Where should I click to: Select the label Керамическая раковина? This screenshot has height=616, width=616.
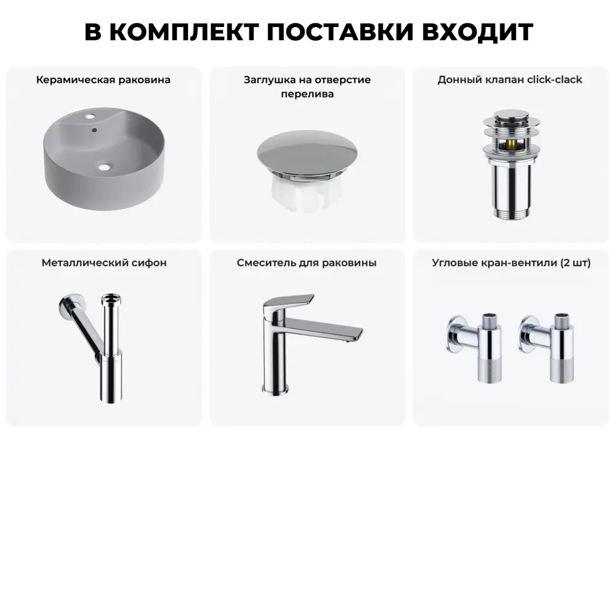coord(103,80)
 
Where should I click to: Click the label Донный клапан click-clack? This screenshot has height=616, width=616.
coord(510,80)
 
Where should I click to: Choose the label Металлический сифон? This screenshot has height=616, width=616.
coord(104,263)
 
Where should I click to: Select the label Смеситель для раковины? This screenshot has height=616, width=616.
coord(307,263)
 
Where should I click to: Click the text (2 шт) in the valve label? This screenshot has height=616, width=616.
coord(575,263)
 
